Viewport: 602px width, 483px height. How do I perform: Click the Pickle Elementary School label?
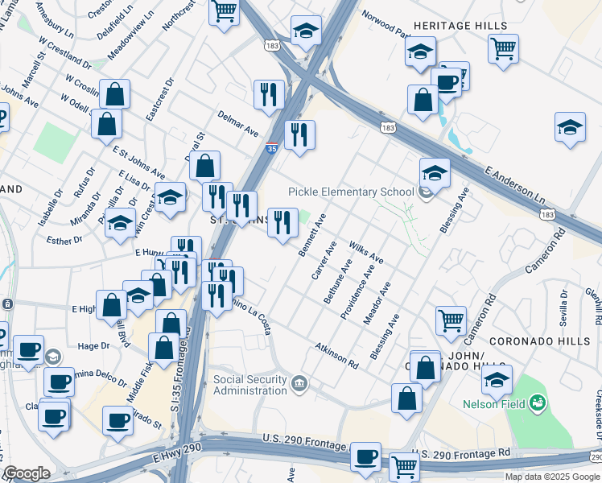(351, 192)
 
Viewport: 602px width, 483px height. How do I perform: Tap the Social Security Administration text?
(249, 385)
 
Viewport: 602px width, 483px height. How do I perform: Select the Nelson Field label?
(494, 405)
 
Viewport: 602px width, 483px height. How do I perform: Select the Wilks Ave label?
(365, 252)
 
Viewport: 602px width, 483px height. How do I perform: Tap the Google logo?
(26, 473)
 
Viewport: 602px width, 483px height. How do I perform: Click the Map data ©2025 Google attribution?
(552, 476)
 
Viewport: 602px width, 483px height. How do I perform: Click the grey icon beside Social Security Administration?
(299, 381)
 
